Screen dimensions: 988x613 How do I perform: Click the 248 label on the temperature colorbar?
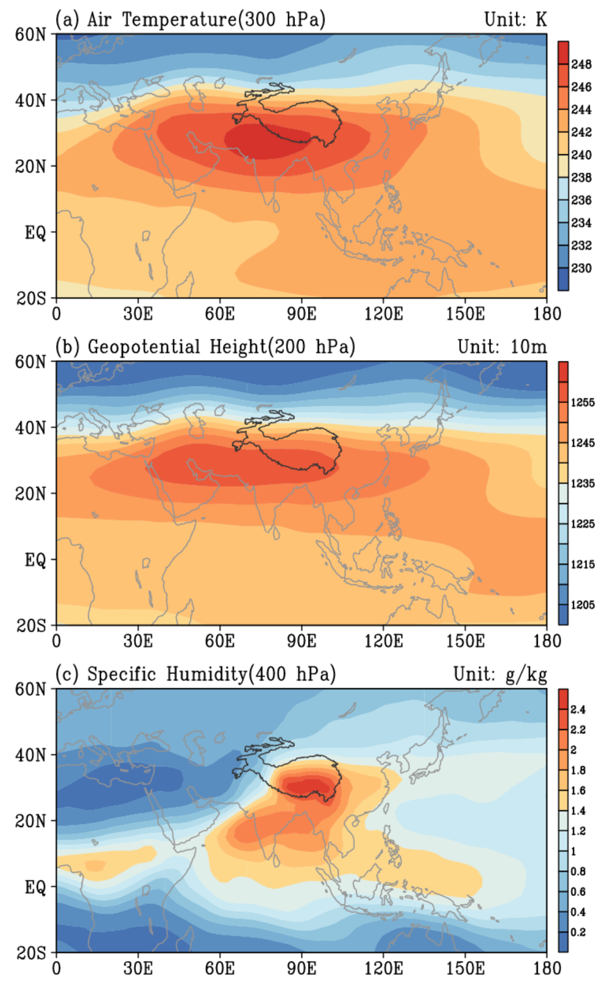pos(581,64)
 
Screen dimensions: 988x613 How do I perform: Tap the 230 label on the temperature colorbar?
pos(581,268)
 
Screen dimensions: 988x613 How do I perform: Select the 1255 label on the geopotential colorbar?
pos(583,402)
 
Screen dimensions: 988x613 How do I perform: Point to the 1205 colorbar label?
pos(583,605)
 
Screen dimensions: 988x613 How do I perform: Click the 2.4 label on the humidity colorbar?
pos(578,709)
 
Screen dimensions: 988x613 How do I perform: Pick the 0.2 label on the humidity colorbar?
pos(578,932)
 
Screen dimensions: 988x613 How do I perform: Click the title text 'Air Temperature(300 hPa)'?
pos(206,20)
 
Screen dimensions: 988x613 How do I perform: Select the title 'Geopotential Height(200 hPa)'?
pos(221,347)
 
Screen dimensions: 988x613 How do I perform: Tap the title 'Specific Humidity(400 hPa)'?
pos(211,674)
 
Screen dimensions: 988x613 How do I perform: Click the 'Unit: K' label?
pos(516,20)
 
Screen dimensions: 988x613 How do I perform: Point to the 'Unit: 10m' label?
pos(502,347)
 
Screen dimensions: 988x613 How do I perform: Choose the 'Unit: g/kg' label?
pos(500,674)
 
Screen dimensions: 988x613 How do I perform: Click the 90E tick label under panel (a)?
pos(302,314)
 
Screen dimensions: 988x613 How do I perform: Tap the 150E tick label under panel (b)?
pos(465,641)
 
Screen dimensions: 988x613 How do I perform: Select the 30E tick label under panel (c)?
pos(138,968)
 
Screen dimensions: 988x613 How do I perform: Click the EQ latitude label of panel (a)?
pos(35,232)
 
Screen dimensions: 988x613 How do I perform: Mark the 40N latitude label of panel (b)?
pos(30,427)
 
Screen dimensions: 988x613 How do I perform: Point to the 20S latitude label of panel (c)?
pos(30,953)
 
